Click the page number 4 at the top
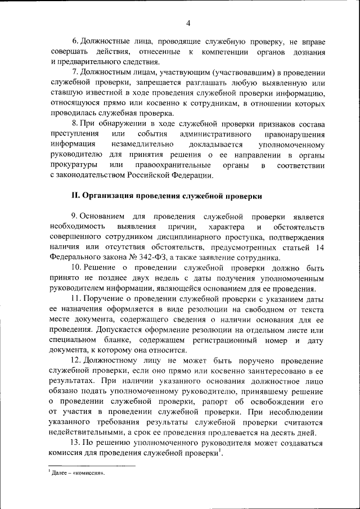click(x=188, y=23)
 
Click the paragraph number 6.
click(x=74, y=42)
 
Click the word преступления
click(x=73, y=134)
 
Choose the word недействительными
click(x=83, y=433)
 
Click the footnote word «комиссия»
click(x=88, y=473)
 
